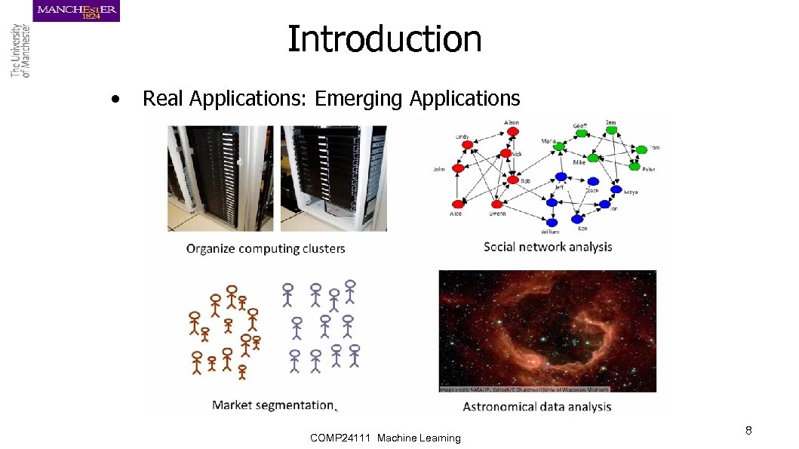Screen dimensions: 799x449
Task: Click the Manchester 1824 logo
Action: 76,11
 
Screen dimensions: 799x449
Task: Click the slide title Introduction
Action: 384,39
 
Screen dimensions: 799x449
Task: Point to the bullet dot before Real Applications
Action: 115,99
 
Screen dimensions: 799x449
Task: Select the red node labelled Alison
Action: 513,131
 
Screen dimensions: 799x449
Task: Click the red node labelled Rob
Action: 513,180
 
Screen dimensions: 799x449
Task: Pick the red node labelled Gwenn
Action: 496,204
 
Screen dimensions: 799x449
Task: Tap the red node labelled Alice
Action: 456,204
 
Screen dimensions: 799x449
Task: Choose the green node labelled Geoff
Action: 582,133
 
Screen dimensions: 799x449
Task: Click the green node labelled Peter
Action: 635,166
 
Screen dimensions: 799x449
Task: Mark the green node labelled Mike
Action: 593,158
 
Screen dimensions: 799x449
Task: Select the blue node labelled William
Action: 552,222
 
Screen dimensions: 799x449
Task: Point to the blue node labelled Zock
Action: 593,181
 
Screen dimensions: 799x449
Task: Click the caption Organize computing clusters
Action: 266,248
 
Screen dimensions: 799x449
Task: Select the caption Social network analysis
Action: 548,247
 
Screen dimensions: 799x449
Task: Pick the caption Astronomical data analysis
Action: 536,407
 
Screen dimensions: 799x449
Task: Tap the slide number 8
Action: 748,431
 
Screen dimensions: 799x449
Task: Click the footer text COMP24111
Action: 340,438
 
